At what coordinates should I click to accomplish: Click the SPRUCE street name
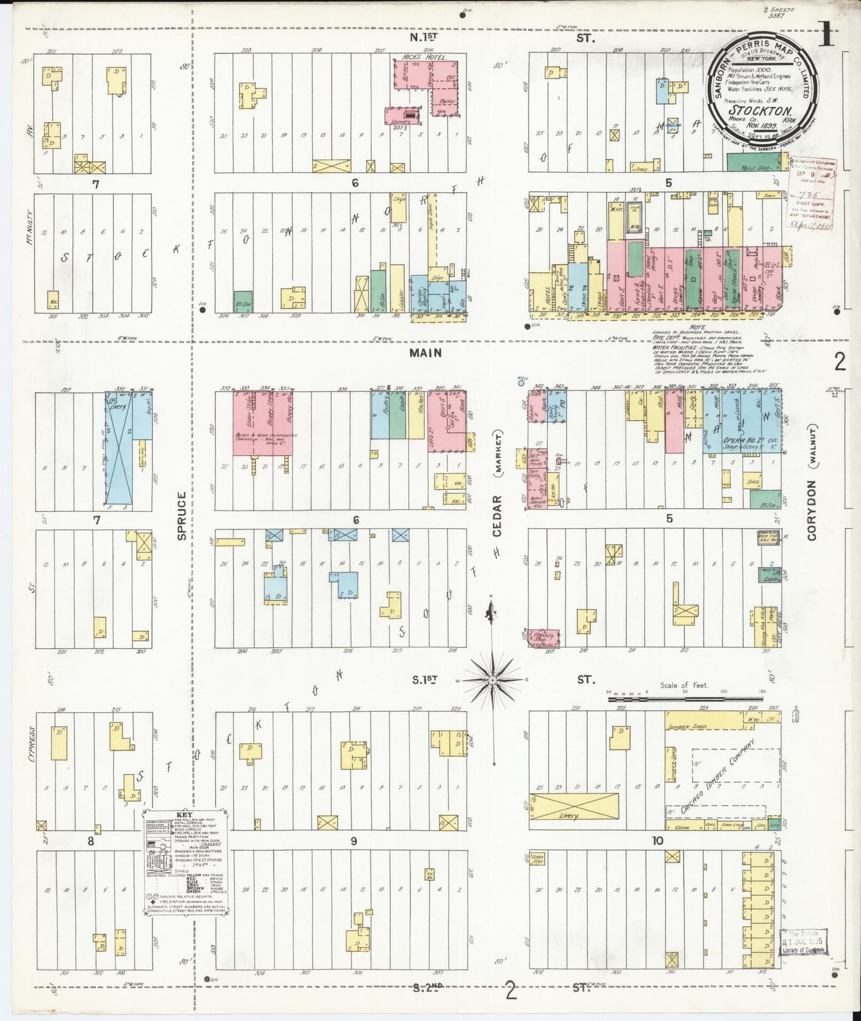[182, 515]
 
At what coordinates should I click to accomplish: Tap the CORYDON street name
[811, 516]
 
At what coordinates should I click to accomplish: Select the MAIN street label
[425, 353]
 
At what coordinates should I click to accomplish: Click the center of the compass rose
[492, 680]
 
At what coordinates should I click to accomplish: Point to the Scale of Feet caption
[683, 685]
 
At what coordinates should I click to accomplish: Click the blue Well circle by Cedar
[521, 383]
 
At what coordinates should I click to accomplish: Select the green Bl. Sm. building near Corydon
[765, 499]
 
